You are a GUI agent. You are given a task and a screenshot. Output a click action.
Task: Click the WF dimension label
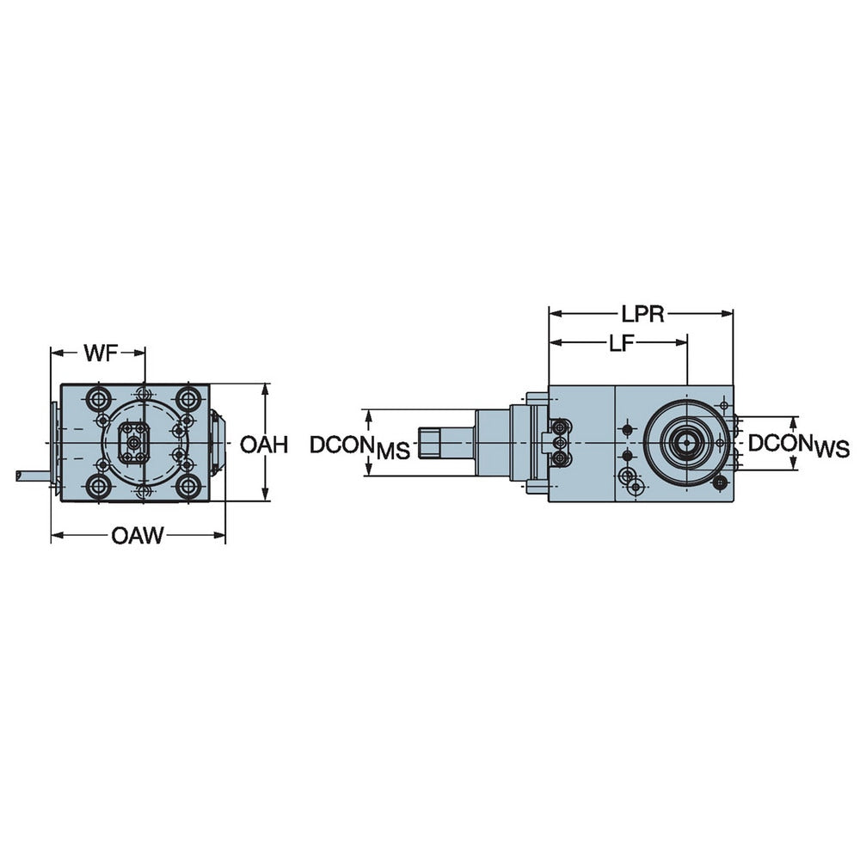point(101,353)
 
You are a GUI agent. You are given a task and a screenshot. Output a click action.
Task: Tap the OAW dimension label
point(137,537)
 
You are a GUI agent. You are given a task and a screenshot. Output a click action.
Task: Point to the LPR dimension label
point(642,313)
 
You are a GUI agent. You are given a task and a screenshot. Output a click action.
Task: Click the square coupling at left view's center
point(134,442)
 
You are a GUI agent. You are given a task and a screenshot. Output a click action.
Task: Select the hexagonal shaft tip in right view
point(429,443)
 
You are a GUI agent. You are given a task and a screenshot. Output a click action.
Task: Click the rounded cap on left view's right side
point(218,442)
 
